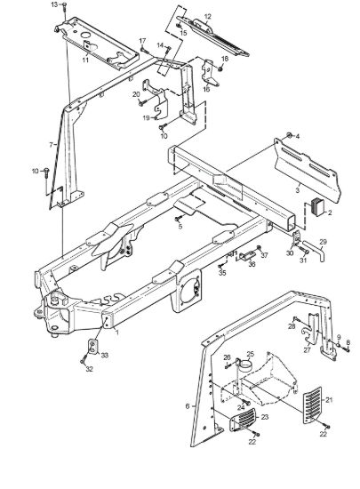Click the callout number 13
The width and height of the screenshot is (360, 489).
54,4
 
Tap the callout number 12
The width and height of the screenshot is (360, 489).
208,17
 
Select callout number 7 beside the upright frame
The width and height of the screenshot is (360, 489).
52,145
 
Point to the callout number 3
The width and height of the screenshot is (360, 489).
298,189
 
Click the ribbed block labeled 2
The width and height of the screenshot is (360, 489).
318,208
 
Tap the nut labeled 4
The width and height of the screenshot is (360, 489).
289,135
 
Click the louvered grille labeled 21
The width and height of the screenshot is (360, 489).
313,405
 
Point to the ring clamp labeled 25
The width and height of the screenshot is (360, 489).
245,365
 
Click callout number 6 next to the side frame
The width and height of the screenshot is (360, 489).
188,406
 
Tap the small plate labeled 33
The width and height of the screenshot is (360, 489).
92,347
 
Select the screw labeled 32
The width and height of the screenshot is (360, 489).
84,360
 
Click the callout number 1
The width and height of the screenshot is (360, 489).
117,333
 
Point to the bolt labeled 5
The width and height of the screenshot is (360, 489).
179,220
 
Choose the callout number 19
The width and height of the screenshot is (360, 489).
147,118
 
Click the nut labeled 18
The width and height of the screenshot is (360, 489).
220,68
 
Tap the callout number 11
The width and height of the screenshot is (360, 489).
85,60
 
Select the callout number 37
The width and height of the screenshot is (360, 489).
264,255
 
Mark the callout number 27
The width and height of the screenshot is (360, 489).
308,350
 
